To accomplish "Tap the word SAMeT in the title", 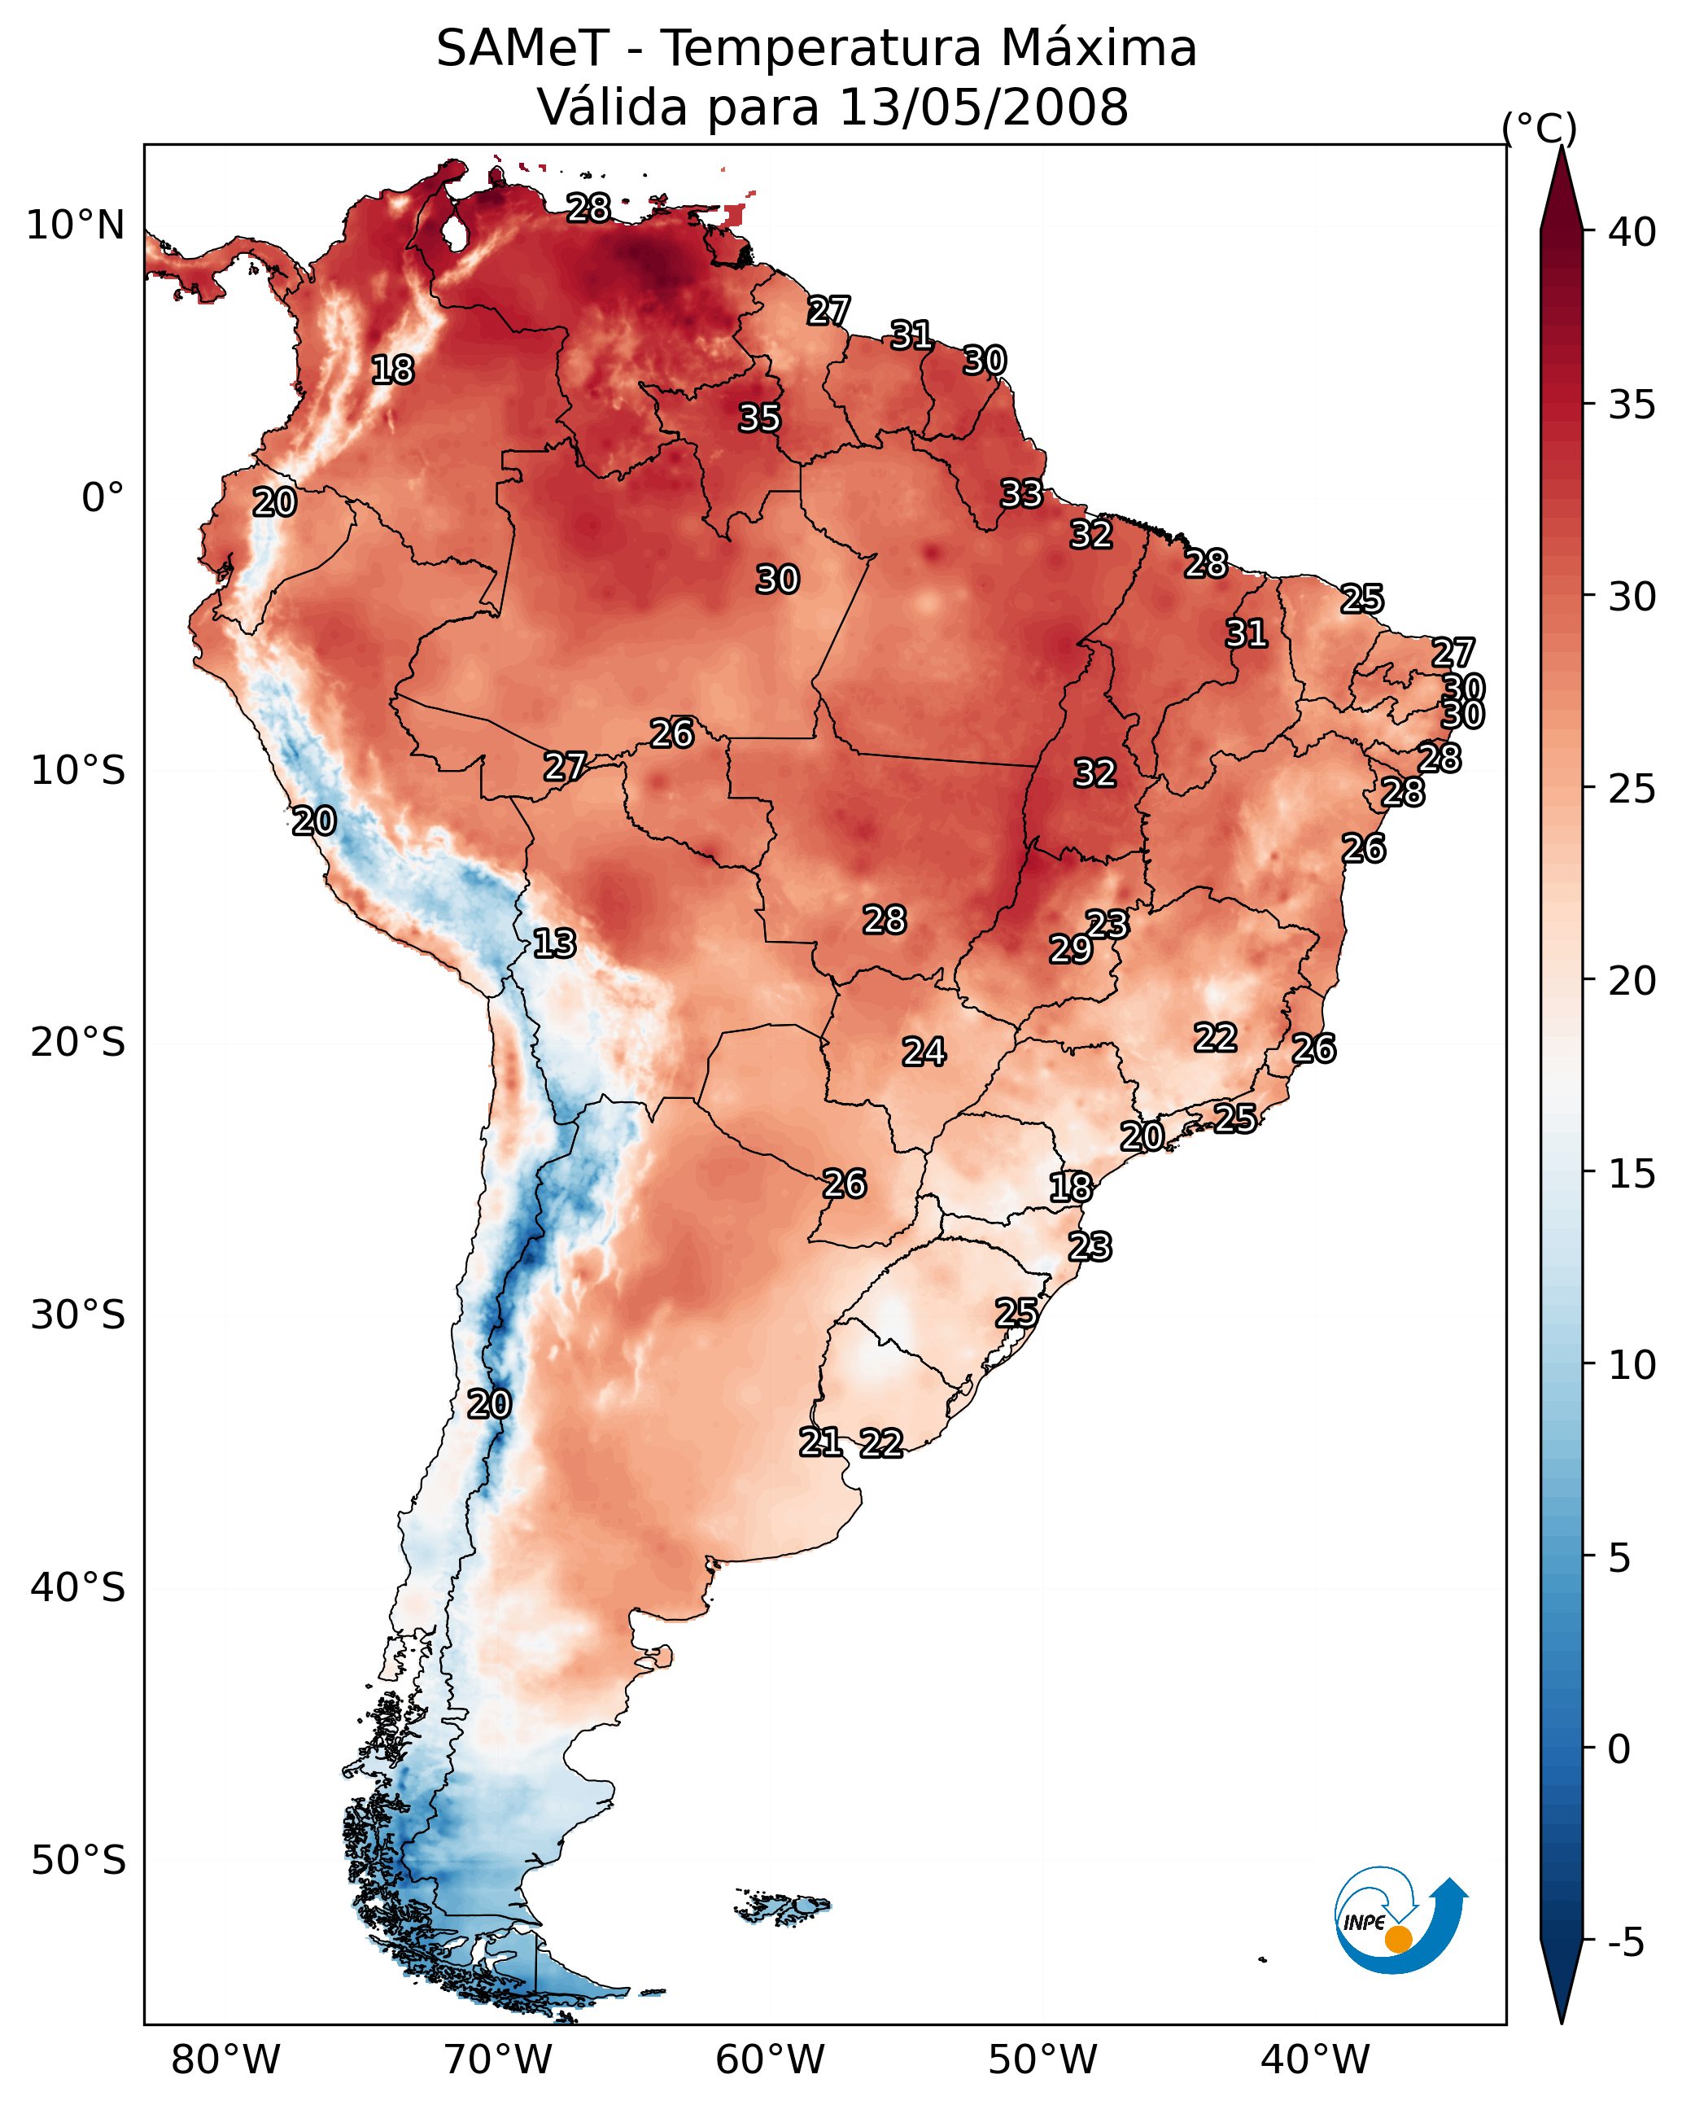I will tap(522, 49).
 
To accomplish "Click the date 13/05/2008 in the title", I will tap(983, 107).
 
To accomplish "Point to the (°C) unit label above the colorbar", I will tap(1539, 128).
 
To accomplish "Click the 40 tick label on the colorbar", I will tap(1632, 232).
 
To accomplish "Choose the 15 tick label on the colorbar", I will tap(1632, 1174).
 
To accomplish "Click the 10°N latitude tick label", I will tap(75, 225).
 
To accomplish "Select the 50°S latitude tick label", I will tap(78, 1861).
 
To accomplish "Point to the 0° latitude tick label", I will tap(103, 498).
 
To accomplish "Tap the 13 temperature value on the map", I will tap(554, 943).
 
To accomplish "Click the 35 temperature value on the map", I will tap(759, 418).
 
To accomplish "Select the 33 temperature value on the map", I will tap(1022, 493).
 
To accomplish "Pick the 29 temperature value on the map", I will tap(1071, 948).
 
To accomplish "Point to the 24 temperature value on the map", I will tap(924, 1052).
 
